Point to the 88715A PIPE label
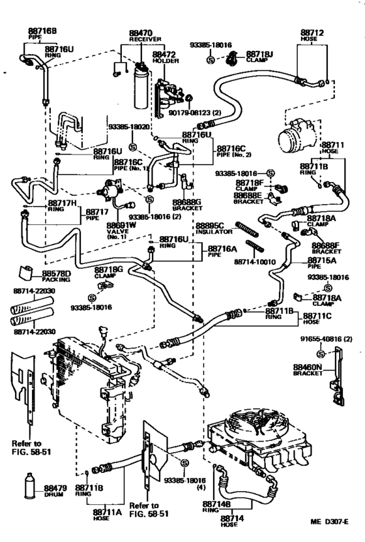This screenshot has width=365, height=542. click(321, 263)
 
